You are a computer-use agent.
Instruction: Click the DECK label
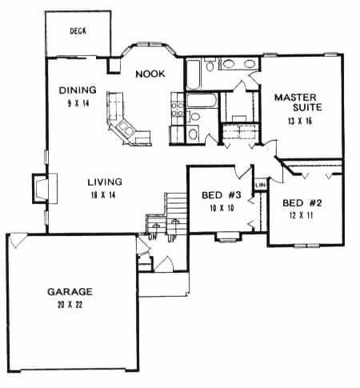pyautogui.click(x=77, y=31)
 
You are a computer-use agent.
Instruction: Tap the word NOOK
pyautogui.click(x=150, y=74)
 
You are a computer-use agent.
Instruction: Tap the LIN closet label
pyautogui.click(x=259, y=186)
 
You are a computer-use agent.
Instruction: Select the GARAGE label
pyautogui.click(x=70, y=292)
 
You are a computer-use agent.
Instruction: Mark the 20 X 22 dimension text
pyautogui.click(x=70, y=305)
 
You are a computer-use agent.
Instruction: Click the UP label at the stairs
pyautogui.click(x=170, y=238)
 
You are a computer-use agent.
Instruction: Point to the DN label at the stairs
pyautogui.click(x=152, y=238)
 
